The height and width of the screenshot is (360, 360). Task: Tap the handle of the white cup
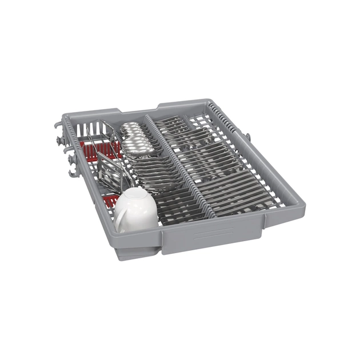(x=121, y=220)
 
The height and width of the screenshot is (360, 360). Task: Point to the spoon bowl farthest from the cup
(x=130, y=126)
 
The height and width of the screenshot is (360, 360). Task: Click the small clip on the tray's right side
(x=247, y=137)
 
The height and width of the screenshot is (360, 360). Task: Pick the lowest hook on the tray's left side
(x=72, y=172)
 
